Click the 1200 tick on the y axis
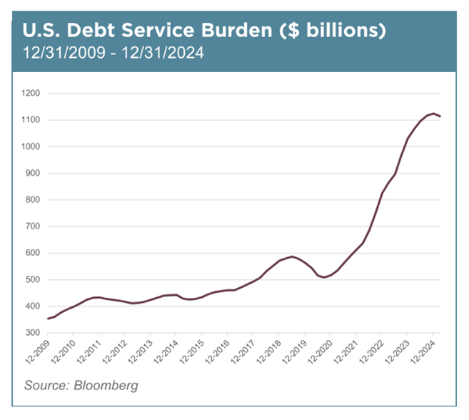[x=31, y=94]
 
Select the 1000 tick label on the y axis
[x=31, y=146]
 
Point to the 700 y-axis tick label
[x=33, y=226]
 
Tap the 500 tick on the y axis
[x=33, y=280]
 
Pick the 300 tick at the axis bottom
[x=33, y=333]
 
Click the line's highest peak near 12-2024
[x=433, y=114]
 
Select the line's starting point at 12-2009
[x=48, y=319]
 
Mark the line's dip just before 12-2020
[x=324, y=277]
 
